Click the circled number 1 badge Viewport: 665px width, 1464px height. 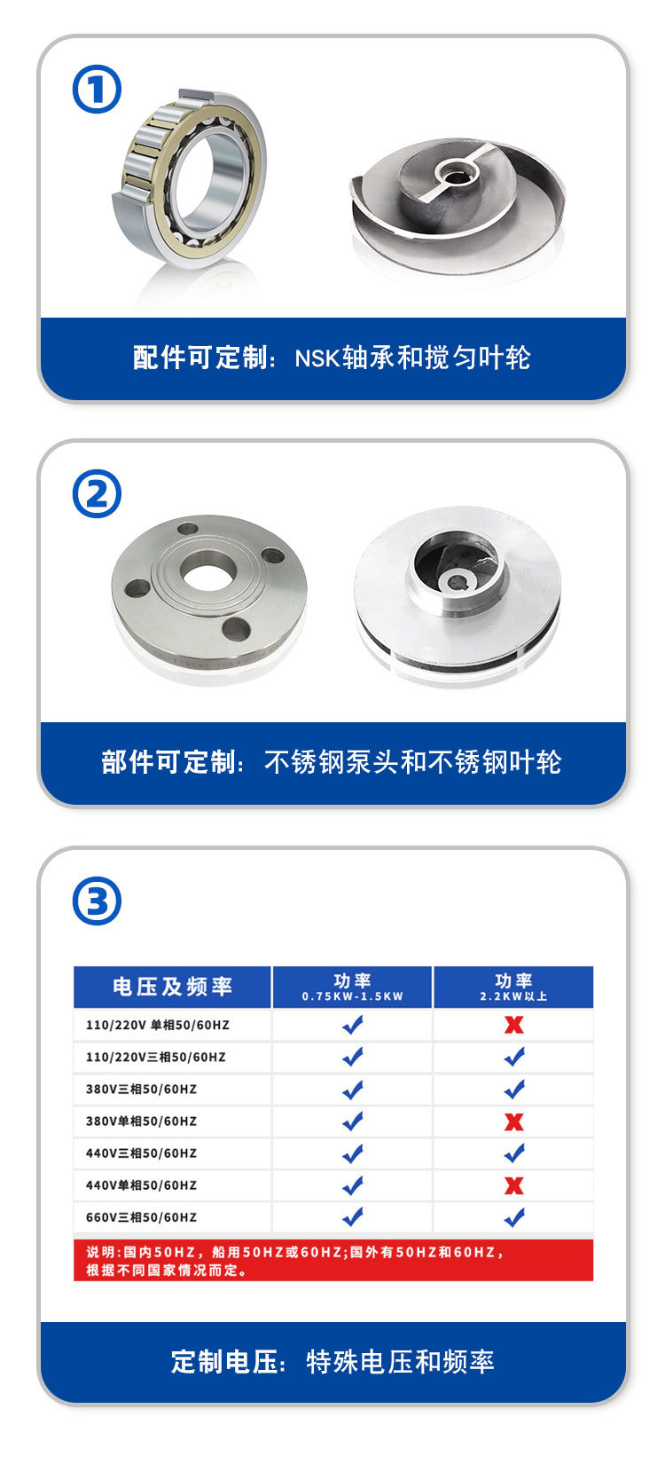pos(97,89)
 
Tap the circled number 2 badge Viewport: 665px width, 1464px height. pos(97,493)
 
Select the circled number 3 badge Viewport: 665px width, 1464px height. pos(97,901)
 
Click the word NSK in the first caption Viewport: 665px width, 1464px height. pos(317,358)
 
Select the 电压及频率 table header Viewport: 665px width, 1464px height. pos(172,987)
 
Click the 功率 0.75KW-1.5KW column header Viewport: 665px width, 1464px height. pos(353,987)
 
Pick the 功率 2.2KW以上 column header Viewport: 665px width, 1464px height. pos(514,987)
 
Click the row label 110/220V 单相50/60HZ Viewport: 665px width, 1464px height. pos(158,1025)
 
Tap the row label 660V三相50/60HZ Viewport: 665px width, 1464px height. pos(141,1217)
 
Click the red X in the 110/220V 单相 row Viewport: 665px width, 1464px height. pos(514,1025)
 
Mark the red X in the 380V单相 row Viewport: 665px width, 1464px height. pos(514,1122)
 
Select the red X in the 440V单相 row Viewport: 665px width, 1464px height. pos(514,1185)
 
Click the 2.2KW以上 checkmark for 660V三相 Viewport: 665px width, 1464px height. pos(514,1217)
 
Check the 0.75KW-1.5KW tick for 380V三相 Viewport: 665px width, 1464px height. pos(353,1090)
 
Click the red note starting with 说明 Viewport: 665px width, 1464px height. pos(295,1261)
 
